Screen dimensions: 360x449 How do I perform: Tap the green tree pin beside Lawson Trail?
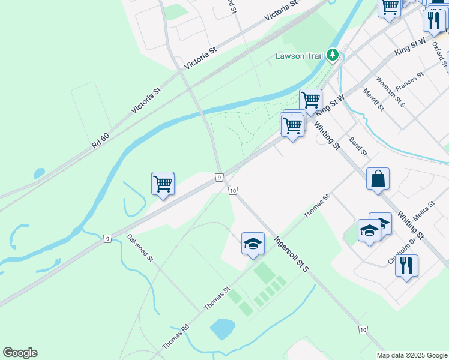click(333, 56)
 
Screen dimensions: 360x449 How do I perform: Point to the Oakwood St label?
click(140, 248)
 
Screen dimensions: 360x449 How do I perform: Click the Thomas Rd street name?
click(176, 338)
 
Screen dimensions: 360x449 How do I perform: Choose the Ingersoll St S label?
click(292, 253)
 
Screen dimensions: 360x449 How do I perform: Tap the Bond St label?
click(358, 146)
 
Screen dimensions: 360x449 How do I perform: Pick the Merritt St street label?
click(373, 100)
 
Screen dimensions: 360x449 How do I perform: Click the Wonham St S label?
click(391, 92)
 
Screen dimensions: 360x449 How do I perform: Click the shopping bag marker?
click(378, 179)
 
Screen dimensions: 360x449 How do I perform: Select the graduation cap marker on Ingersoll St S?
click(253, 243)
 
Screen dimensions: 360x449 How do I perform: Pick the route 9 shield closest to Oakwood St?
click(107, 238)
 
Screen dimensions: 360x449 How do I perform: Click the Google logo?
click(20, 353)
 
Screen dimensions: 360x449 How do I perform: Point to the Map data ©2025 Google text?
click(411, 355)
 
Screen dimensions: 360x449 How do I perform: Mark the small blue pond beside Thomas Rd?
click(222, 328)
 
